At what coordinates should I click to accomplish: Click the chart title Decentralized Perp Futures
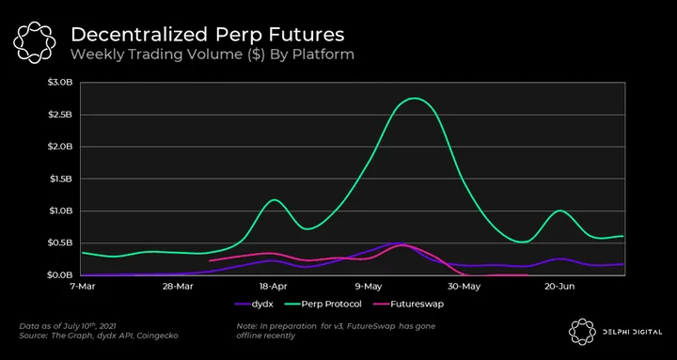point(208,36)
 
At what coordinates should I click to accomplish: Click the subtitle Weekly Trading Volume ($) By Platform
point(213,55)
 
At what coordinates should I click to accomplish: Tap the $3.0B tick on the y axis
point(63,83)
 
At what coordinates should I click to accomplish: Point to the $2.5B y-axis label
point(63,115)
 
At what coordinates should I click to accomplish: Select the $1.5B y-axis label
point(63,179)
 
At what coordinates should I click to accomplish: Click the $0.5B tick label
point(63,243)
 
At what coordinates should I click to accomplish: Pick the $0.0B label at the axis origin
point(63,275)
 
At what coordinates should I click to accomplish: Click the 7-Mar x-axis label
point(81,286)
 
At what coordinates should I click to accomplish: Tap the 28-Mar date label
point(175,286)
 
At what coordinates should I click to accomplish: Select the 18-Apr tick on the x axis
point(272,286)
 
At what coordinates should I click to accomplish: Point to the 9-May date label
point(366,286)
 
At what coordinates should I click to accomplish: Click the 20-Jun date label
point(559,286)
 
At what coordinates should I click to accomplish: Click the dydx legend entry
point(254,304)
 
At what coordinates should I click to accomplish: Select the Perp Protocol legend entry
point(323,304)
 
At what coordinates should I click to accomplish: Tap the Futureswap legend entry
point(408,304)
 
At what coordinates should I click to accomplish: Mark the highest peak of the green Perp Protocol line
point(414,98)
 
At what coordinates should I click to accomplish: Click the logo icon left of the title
point(34,42)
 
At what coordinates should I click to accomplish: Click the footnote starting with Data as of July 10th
point(68,330)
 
